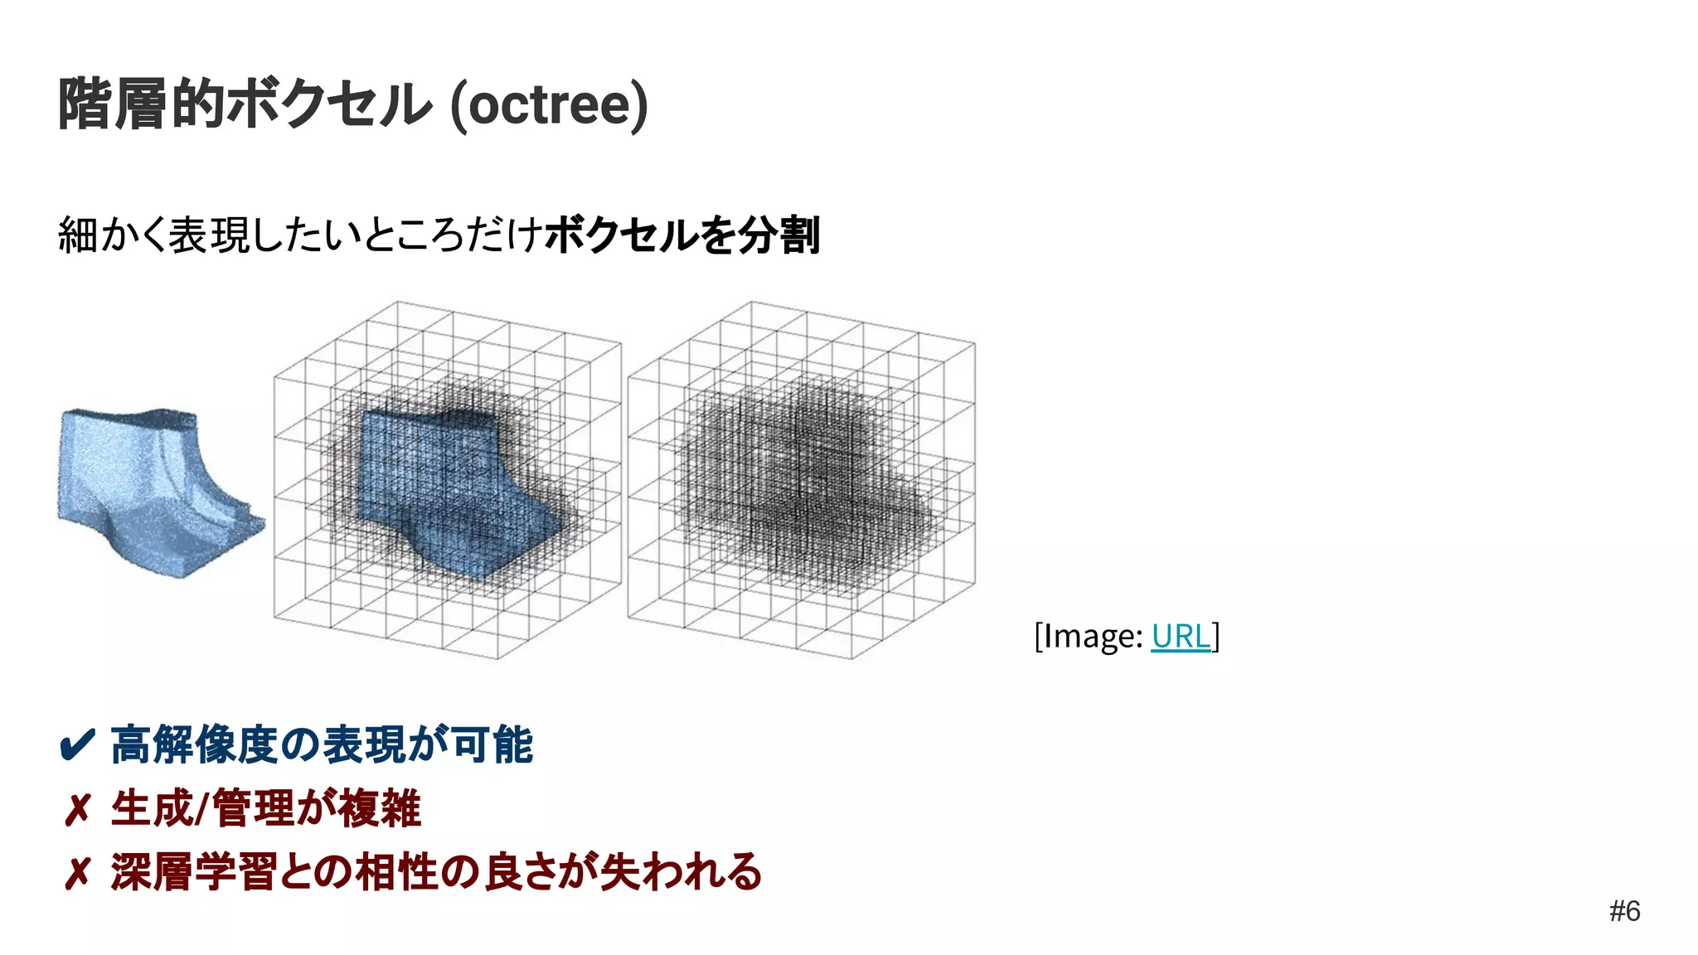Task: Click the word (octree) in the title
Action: point(549,104)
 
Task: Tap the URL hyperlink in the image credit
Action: point(1181,636)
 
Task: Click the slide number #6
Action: point(1624,911)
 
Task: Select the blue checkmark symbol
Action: point(78,745)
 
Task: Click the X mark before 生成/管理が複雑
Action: point(77,810)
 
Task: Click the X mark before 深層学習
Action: point(77,874)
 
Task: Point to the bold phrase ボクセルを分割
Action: point(682,235)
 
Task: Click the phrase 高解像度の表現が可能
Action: point(322,744)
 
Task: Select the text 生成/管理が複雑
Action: point(265,809)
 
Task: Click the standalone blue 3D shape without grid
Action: point(153,489)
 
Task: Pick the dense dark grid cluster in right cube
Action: point(800,489)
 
